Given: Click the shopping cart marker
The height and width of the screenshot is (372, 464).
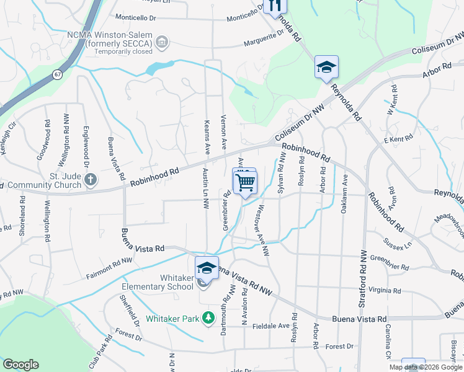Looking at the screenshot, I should [x=246, y=182].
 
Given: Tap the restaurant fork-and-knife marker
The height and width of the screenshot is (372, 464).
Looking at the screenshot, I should [x=272, y=6].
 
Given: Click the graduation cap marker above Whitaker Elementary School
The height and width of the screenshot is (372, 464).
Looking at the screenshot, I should [x=207, y=268].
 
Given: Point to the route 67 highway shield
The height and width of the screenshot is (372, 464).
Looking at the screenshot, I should [x=57, y=74].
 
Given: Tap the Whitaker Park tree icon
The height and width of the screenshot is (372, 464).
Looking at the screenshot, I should [x=210, y=319].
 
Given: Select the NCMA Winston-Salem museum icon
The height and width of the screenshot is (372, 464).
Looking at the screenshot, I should [x=162, y=42].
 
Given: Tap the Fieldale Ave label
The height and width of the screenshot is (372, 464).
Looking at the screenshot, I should [x=270, y=325].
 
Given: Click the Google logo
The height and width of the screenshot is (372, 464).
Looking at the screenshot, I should [x=20, y=365].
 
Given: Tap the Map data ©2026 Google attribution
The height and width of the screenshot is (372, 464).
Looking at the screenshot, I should [x=426, y=367].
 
